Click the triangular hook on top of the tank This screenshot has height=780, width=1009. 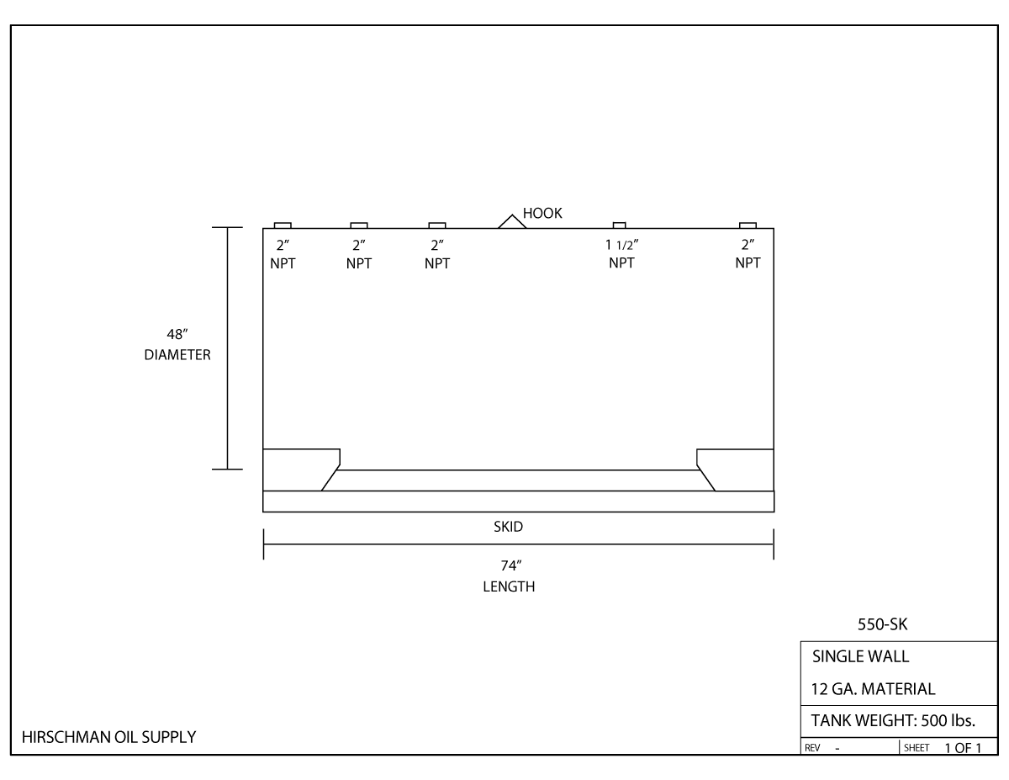coord(512,221)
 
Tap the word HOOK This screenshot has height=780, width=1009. coord(542,214)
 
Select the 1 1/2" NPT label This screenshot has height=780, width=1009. coord(621,254)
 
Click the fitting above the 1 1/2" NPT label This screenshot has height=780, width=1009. coord(619,225)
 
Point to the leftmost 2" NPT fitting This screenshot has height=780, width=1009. coord(283,225)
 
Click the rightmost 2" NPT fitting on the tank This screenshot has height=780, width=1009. coord(748,225)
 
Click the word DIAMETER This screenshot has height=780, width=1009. coord(177,355)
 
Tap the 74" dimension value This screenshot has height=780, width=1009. coord(508,566)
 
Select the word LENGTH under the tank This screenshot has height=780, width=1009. coord(508,587)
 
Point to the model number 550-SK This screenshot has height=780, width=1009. coord(881,626)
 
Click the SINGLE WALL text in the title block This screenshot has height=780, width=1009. coord(860,657)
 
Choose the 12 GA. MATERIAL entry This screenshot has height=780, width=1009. coord(873,689)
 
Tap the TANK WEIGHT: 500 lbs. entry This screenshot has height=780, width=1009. coord(892,720)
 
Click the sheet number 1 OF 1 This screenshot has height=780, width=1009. coord(962,747)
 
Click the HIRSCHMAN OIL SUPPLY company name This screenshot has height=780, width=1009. coord(108,738)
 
